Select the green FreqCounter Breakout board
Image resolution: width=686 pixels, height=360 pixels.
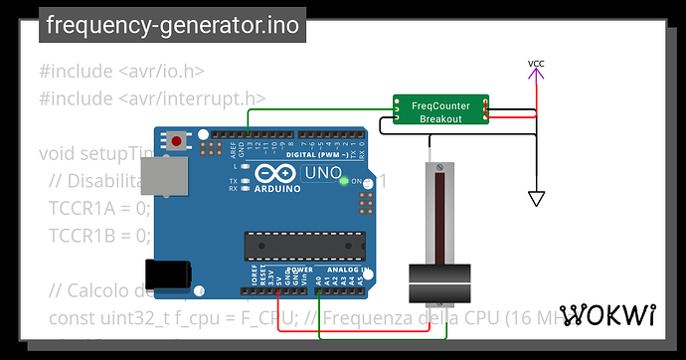tap(438, 110)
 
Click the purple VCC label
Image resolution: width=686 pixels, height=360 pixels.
tap(536, 65)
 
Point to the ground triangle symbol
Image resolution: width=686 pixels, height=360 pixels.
tap(536, 198)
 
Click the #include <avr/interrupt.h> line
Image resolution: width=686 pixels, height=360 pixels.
tap(153, 97)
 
